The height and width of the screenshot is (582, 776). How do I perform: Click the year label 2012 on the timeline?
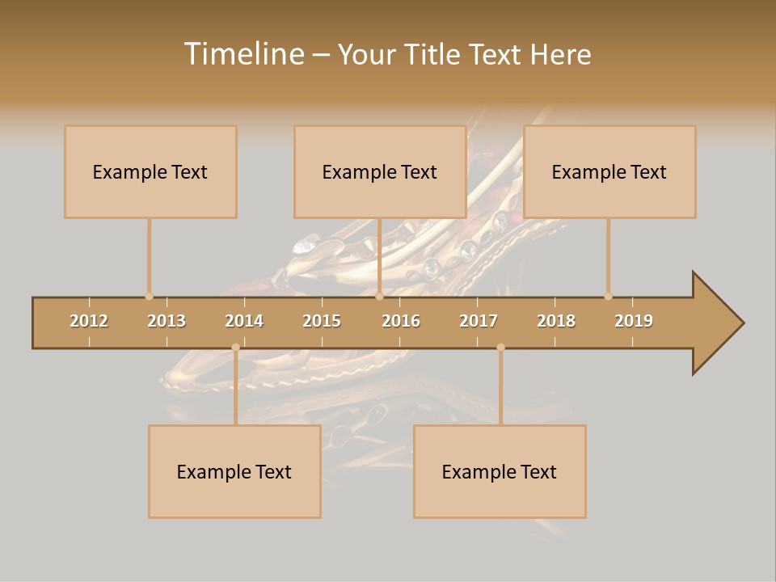tap(89, 321)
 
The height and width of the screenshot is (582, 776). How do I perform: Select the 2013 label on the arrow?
tap(167, 321)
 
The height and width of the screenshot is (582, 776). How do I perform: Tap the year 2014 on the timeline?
tap(244, 321)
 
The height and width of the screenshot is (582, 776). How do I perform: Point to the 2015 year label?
tap(322, 321)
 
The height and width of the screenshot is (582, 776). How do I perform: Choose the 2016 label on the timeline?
tap(401, 321)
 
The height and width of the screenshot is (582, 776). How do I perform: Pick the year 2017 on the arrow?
tap(479, 321)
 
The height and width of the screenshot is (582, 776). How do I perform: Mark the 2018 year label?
tap(556, 321)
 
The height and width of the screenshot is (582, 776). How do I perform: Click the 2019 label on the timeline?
tap(634, 321)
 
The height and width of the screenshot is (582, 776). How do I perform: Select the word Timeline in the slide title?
tap(242, 54)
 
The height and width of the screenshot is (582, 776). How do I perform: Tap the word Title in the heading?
tap(436, 54)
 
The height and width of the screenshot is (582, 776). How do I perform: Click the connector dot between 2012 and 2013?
tap(149, 296)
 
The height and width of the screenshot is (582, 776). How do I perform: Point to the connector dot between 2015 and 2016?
tap(379, 296)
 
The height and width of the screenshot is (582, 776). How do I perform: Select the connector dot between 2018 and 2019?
tap(608, 296)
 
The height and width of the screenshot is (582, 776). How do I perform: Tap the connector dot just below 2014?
tap(235, 348)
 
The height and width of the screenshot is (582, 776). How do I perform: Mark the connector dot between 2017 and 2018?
tap(500, 348)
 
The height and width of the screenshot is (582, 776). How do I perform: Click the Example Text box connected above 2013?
tap(150, 172)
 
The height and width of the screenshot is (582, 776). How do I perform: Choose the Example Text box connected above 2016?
tap(380, 172)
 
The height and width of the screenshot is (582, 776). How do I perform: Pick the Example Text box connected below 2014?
tap(234, 472)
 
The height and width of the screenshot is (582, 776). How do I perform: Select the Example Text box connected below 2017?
tap(500, 472)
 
